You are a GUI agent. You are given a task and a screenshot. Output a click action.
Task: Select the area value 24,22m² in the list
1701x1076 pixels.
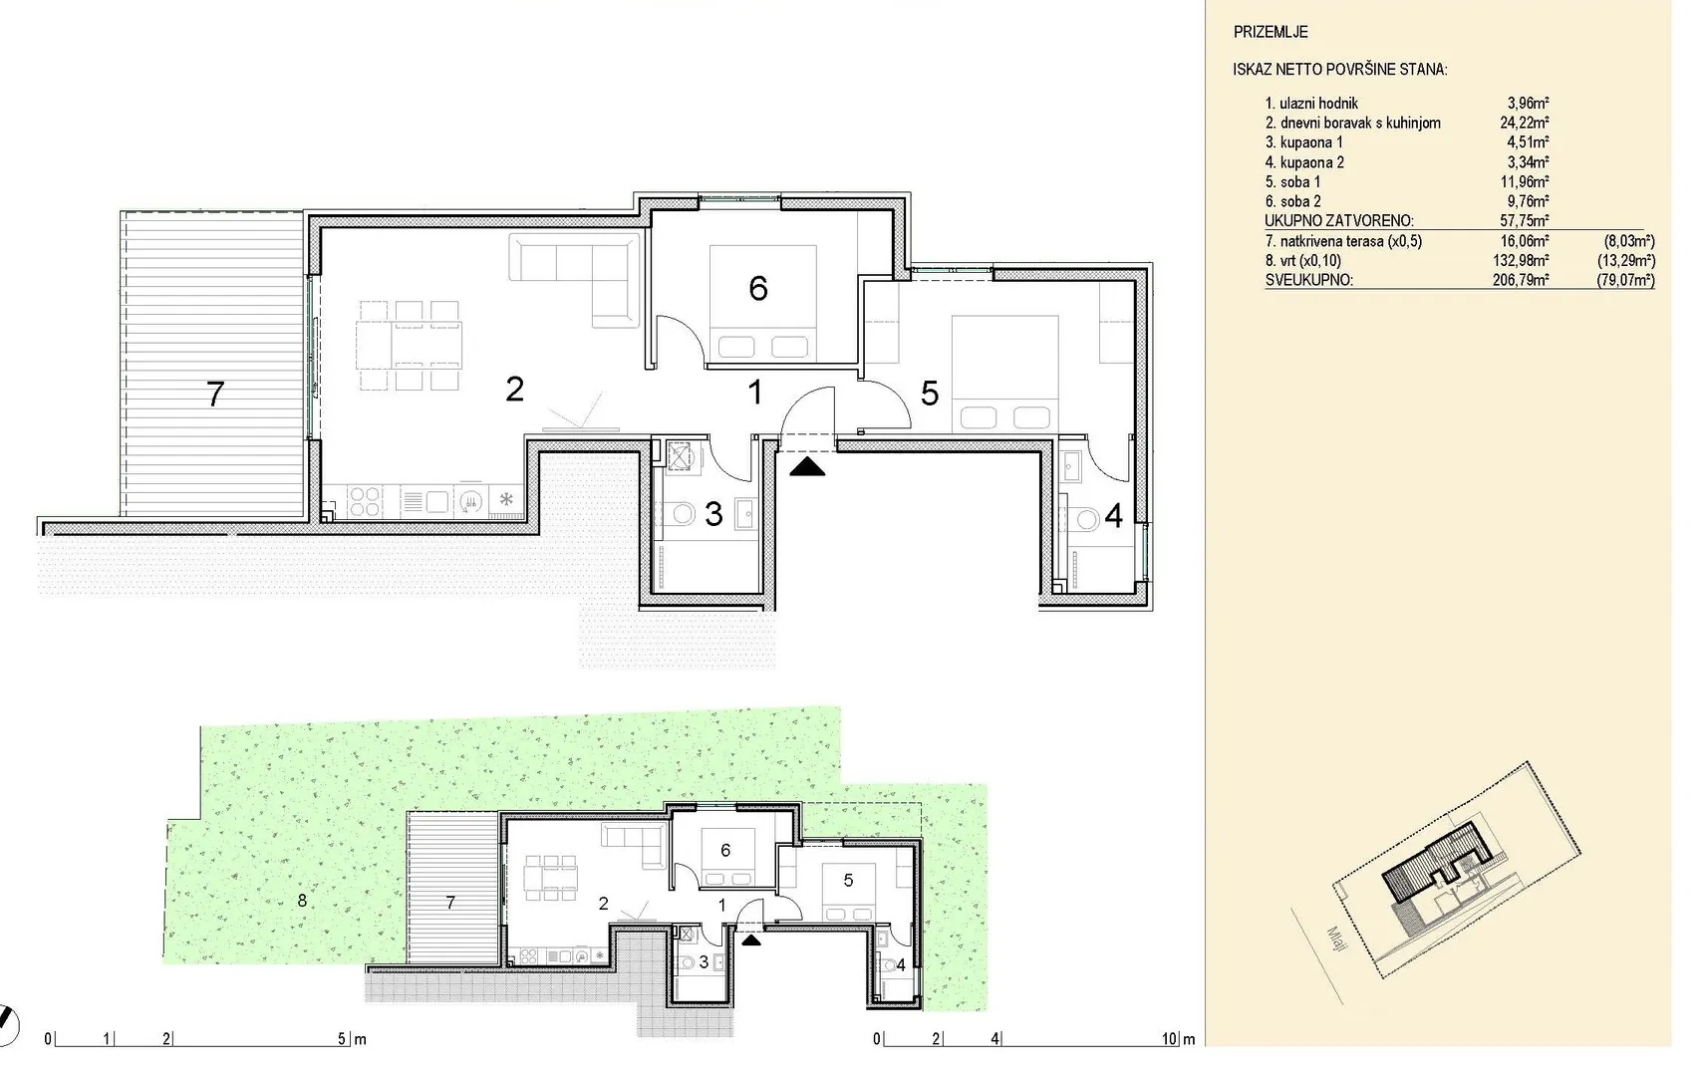tap(1524, 123)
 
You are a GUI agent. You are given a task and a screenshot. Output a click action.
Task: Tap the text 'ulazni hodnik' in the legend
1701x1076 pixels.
tap(1318, 104)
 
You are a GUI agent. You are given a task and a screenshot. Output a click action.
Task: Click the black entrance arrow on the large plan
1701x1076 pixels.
tap(807, 467)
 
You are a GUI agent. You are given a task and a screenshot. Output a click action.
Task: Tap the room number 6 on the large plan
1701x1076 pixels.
tap(758, 289)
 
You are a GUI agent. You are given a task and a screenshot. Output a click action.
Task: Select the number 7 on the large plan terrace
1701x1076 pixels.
tap(215, 395)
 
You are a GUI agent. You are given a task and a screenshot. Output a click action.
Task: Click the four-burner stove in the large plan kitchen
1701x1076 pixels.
tap(365, 501)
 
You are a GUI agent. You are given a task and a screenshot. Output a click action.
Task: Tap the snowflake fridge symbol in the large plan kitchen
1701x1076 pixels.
tap(506, 500)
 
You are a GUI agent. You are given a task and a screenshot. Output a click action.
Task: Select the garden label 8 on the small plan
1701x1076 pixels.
tap(302, 901)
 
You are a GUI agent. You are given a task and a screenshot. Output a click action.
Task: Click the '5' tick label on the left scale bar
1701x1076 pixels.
tap(342, 1039)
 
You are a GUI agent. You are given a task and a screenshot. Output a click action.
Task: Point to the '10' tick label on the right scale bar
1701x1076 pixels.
tap(1170, 1039)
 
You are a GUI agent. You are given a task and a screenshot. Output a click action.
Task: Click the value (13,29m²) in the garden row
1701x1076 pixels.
tap(1626, 260)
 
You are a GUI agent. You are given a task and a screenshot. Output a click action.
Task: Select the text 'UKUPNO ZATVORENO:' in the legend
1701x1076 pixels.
tap(1339, 221)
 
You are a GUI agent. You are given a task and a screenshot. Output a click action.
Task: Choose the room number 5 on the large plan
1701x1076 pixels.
tap(930, 394)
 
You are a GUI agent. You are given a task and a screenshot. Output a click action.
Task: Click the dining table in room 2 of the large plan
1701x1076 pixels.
tap(410, 346)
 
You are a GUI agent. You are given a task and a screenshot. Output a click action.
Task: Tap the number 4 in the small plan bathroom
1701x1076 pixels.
tap(901, 965)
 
